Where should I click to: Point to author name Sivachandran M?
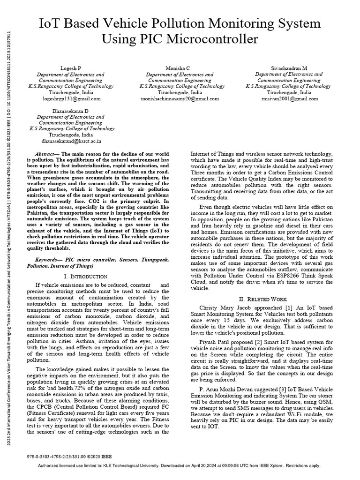(x=288, y=68)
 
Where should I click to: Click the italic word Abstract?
(x=46, y=154)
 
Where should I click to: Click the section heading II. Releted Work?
(x=266, y=299)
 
